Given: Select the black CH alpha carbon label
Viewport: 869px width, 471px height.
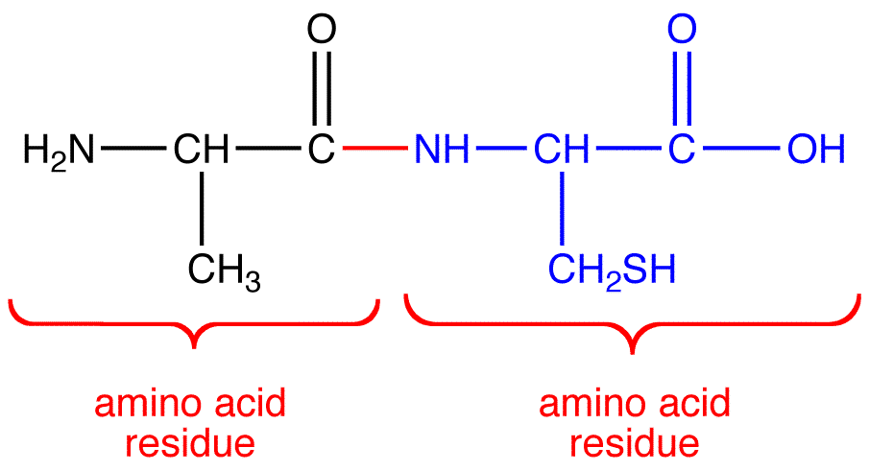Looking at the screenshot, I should [201, 151].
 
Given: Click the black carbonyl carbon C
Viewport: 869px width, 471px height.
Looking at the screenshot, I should [322, 151].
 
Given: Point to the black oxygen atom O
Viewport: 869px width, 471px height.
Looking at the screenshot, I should [322, 31].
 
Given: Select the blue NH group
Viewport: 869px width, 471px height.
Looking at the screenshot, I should [443, 151].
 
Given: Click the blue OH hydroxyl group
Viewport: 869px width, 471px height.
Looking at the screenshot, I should [816, 151].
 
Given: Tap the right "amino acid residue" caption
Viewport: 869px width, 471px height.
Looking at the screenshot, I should [634, 423].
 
